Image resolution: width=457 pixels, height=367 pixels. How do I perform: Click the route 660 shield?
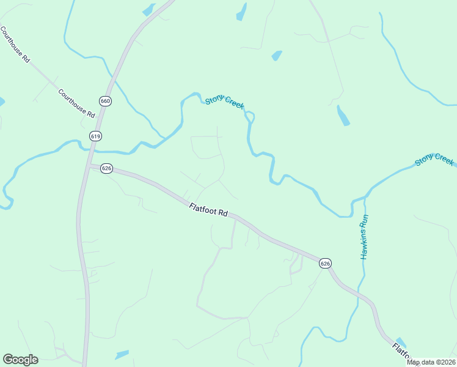(x=105, y=101)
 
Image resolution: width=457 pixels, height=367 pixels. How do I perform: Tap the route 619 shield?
(x=95, y=136)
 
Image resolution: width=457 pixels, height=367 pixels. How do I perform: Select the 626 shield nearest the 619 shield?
(x=106, y=168)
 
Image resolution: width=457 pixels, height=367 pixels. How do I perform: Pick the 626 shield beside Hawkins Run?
(x=325, y=263)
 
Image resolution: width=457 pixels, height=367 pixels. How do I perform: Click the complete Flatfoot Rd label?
(x=208, y=210)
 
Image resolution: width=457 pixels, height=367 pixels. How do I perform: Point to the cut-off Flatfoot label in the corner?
(x=401, y=353)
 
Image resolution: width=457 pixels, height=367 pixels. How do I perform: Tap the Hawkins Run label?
(x=364, y=237)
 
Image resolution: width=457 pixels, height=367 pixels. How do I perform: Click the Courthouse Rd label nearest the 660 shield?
(x=77, y=104)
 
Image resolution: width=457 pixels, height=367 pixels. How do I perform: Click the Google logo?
(x=20, y=360)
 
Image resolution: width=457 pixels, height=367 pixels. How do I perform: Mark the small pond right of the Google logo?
(x=122, y=354)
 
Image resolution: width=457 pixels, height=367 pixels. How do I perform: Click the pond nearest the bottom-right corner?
(x=401, y=343)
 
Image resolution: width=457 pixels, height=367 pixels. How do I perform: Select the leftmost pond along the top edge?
(x=148, y=10)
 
